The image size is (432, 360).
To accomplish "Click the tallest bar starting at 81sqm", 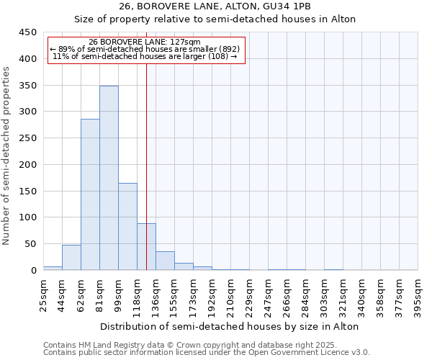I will point(109,178).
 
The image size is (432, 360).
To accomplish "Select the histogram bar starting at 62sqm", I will point(90,194).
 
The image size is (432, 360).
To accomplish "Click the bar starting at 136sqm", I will point(165,261).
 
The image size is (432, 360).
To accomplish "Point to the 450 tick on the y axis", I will point(28,32).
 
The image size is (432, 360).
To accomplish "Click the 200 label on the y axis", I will point(28,165).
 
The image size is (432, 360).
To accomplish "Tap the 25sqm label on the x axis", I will point(44,296).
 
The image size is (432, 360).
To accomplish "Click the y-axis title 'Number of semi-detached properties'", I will point(7,156).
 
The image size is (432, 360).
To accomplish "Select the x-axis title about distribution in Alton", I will point(230,326).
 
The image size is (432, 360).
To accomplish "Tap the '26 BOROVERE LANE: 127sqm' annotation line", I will point(147,42).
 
